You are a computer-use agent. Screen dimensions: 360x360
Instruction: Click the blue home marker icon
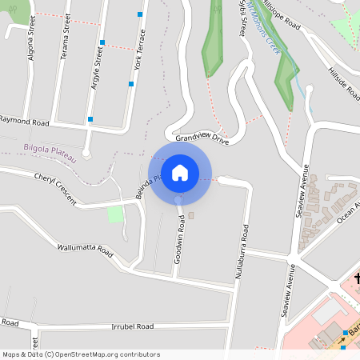pos(180,173)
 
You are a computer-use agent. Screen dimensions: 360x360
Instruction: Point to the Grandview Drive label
pos(202,139)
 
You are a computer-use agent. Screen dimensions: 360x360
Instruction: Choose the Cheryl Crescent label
pos(55,189)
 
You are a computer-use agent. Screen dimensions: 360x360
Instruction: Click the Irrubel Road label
pos(132,327)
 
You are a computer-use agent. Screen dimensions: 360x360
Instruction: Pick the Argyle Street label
pos(98,66)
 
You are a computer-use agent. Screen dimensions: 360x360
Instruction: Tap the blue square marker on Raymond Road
pos(90,119)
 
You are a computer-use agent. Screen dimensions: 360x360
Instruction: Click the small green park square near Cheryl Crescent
pos(116,214)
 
